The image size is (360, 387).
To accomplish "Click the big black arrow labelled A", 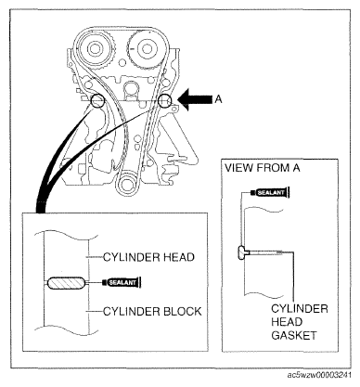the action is [196, 99].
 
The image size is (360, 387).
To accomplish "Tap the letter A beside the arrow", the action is [218, 99].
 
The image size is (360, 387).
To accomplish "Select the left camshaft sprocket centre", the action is [95, 48].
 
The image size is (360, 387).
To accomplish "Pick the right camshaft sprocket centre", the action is [145, 48].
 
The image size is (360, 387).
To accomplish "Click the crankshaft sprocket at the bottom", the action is [126, 183].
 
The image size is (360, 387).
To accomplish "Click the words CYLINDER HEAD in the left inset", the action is [148, 257].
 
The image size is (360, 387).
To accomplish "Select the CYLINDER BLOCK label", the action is [152, 311].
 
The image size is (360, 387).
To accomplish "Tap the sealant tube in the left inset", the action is [122, 282].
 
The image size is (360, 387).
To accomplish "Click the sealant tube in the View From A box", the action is [270, 192].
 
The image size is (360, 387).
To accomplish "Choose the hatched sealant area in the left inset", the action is [66, 283].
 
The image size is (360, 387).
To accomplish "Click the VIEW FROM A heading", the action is [263, 168].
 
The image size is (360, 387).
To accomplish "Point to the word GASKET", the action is [294, 335].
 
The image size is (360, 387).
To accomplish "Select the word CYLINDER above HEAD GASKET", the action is [300, 308].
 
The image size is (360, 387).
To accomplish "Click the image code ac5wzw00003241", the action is [319, 375].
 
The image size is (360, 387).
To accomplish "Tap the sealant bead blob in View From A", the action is [243, 253].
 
